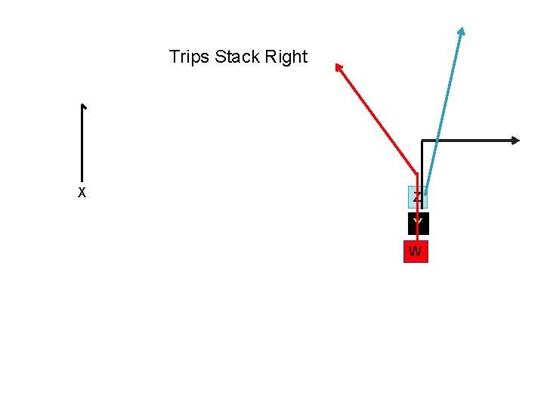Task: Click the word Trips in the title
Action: pyautogui.click(x=190, y=57)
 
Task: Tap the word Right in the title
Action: pyautogui.click(x=286, y=57)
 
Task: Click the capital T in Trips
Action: pyautogui.click(x=175, y=57)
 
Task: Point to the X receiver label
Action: pyautogui.click(x=82, y=193)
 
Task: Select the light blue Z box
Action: pyautogui.click(x=418, y=197)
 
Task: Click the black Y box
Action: pyautogui.click(x=418, y=224)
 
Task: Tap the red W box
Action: pyautogui.click(x=415, y=252)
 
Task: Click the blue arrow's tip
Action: pyautogui.click(x=461, y=31)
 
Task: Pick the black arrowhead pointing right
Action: pyautogui.click(x=516, y=140)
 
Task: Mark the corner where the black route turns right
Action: pyautogui.click(x=422, y=141)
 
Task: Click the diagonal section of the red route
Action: pyautogui.click(x=378, y=121)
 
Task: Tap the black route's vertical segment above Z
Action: pyautogui.click(x=422, y=162)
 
